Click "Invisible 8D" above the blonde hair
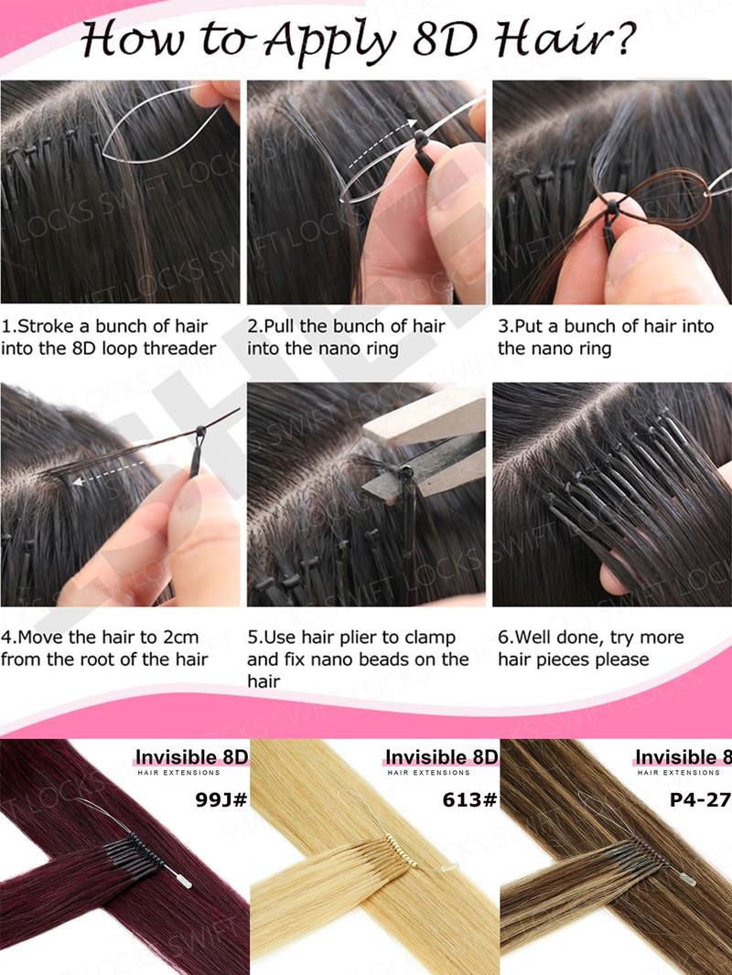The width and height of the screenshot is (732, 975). (x=441, y=757)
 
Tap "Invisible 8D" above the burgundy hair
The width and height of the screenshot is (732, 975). (x=191, y=757)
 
